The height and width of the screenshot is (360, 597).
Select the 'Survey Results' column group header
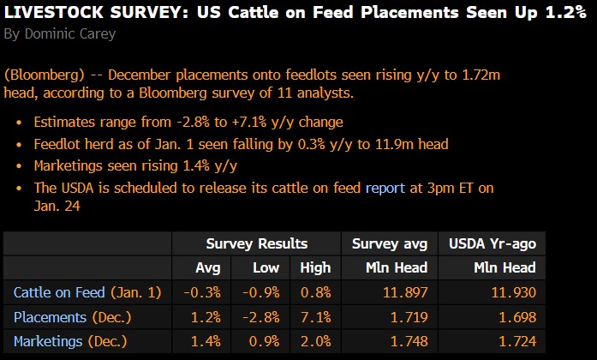(x=256, y=243)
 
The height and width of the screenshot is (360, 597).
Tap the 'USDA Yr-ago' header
(x=493, y=243)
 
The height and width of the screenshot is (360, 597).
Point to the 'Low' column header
(x=266, y=267)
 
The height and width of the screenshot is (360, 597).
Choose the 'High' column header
(x=315, y=267)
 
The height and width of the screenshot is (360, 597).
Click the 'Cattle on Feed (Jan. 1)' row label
(x=87, y=292)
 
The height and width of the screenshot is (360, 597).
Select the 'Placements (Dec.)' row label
(x=73, y=317)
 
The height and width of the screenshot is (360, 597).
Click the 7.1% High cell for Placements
(x=316, y=317)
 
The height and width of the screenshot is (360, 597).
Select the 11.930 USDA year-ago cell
(x=514, y=292)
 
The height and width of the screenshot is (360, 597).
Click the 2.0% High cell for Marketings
(x=315, y=341)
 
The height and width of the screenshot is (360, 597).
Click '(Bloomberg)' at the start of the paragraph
(x=40, y=75)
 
